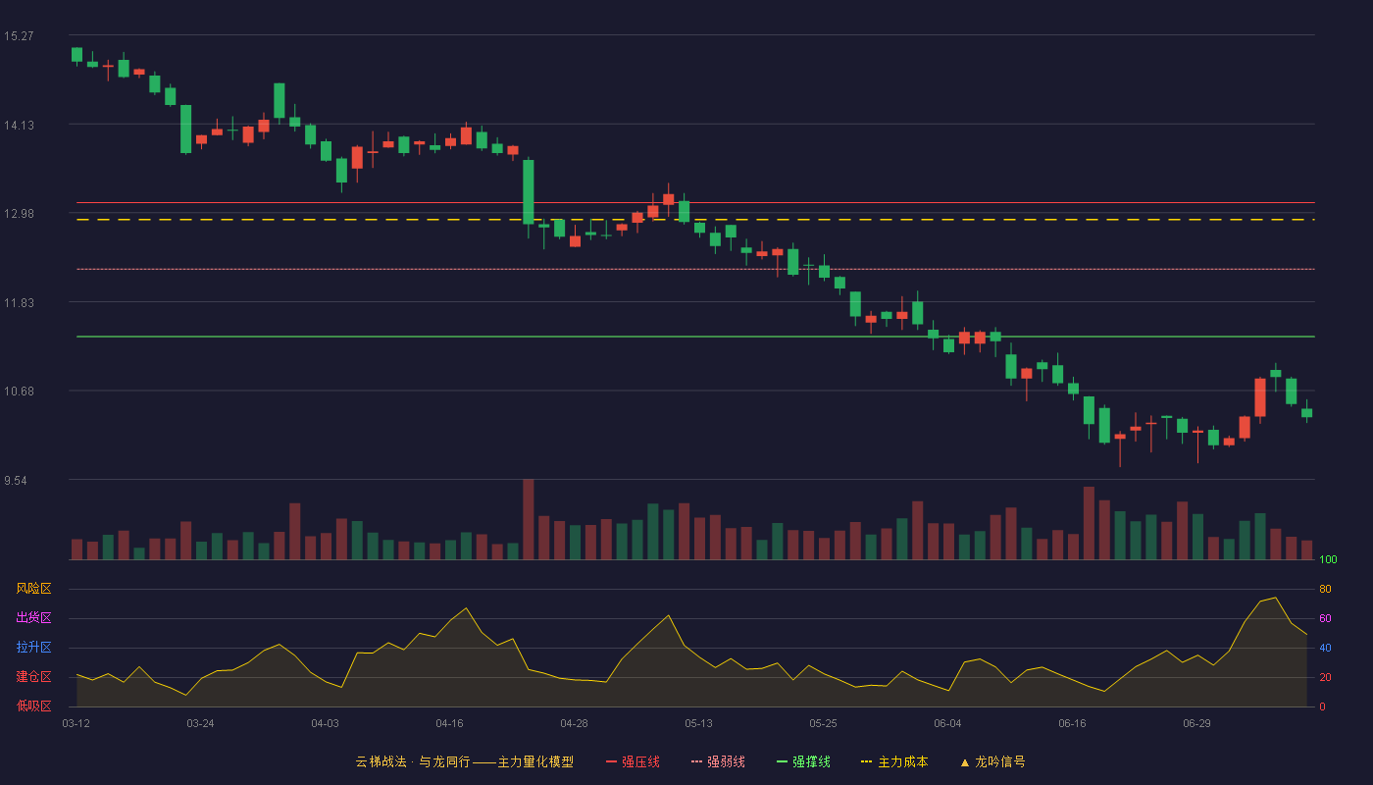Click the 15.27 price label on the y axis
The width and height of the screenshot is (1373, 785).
pyautogui.click(x=19, y=36)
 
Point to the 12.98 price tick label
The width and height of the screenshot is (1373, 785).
pyautogui.click(x=19, y=214)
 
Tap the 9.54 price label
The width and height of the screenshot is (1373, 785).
pyautogui.click(x=16, y=480)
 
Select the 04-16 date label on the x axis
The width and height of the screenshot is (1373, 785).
pyautogui.click(x=449, y=724)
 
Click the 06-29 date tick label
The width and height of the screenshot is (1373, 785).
pyautogui.click(x=1196, y=724)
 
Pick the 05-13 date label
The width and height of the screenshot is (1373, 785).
pyautogui.click(x=698, y=724)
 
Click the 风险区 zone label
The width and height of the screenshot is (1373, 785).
pyautogui.click(x=33, y=588)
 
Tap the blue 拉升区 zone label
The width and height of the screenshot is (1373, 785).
pyautogui.click(x=33, y=647)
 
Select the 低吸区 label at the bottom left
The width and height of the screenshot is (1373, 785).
pyautogui.click(x=33, y=706)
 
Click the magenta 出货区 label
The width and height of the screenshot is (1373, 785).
pyautogui.click(x=33, y=617)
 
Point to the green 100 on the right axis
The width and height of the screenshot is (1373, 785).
pyautogui.click(x=1328, y=559)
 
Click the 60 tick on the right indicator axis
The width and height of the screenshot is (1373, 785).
pyautogui.click(x=1325, y=618)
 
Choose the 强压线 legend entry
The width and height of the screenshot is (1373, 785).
pyautogui.click(x=633, y=761)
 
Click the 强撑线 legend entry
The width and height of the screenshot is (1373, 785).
pyautogui.click(x=803, y=761)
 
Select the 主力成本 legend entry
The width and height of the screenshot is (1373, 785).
pyautogui.click(x=894, y=761)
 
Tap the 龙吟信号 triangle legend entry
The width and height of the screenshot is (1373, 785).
pyautogui.click(x=992, y=761)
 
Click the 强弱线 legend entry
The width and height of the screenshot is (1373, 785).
pyautogui.click(x=718, y=761)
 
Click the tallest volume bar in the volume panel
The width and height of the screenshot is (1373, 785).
pyautogui.click(x=529, y=519)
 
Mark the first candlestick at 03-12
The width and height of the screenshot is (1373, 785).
pyautogui.click(x=76, y=55)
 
